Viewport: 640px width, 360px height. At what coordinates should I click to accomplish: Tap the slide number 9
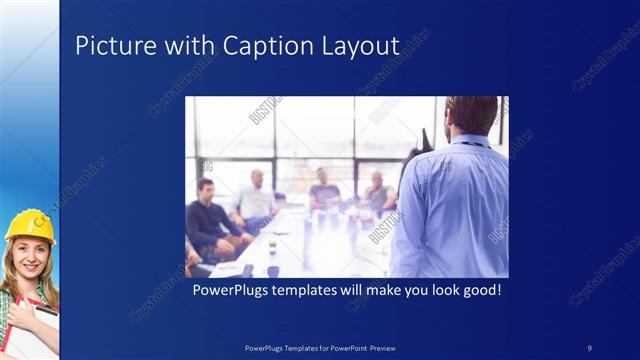point(590,347)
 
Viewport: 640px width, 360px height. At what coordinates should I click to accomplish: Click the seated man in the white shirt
point(255,200)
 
